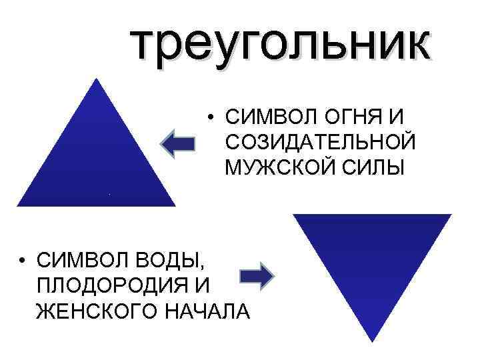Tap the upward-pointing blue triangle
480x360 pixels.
tap(97, 160)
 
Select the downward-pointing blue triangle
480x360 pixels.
tap(373, 260)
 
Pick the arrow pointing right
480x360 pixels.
tap(256, 276)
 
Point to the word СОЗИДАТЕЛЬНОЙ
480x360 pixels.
tap(321, 142)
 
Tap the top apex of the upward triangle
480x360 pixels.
tap(97, 79)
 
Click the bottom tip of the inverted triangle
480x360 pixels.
tap(372, 340)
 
